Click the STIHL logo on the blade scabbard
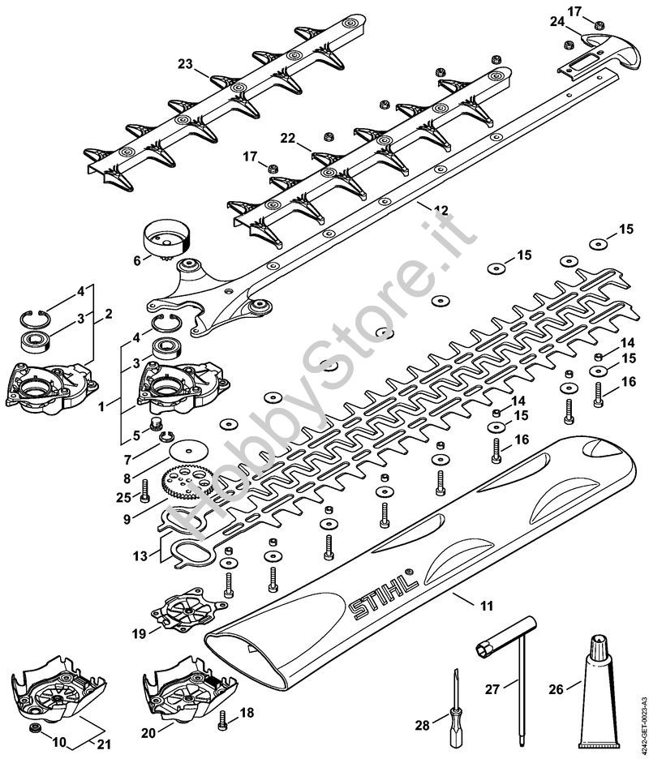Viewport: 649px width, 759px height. pos(383,596)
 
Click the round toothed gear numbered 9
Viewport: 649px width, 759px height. pos(187,480)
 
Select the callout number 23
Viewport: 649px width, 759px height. pos(186,64)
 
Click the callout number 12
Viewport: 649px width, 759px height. pos(441,211)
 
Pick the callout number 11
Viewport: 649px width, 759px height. pos(487,605)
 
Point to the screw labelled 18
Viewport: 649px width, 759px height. pos(223,720)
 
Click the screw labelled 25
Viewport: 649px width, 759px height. pos(145,490)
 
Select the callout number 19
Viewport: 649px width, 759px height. pos(139,633)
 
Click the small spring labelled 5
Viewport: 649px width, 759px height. pos(156,426)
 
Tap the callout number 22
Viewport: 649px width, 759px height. pos(288,138)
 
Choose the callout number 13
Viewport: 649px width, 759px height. pos(140,556)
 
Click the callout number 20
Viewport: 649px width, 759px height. pos(148,733)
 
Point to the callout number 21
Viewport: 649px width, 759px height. pos(104,744)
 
